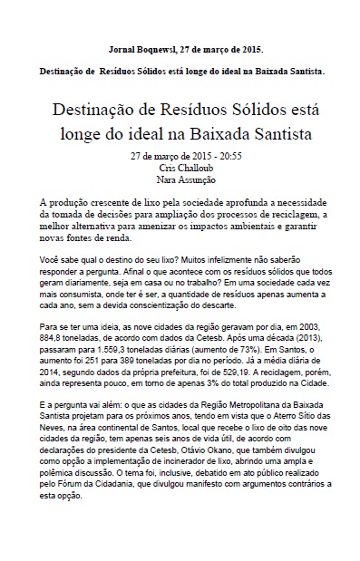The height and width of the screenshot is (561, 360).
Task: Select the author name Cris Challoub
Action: point(181,168)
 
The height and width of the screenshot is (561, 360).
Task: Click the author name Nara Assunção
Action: point(181,179)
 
